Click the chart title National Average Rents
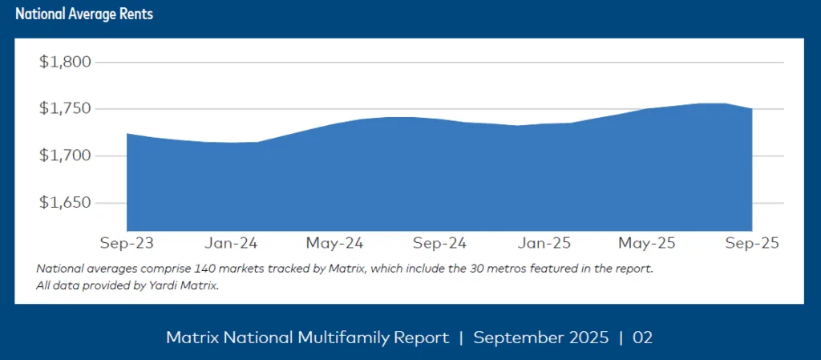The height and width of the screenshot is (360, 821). click(84, 14)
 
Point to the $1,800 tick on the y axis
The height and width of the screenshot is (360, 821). click(66, 62)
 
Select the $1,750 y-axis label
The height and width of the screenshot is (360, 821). click(66, 109)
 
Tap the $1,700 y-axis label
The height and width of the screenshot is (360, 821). click(66, 156)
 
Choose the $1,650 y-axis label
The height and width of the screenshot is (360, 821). click(66, 203)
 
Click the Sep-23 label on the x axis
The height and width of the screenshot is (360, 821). click(126, 242)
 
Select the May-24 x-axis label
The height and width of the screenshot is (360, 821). click(335, 242)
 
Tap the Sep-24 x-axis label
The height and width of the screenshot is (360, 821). click(439, 242)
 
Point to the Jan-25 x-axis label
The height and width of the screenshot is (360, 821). click(544, 242)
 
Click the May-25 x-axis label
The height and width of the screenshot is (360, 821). click(647, 242)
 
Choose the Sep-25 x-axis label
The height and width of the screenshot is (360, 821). click(751, 242)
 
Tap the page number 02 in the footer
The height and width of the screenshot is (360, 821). click(642, 338)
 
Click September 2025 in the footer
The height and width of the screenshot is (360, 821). click(541, 338)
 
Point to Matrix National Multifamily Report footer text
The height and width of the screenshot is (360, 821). click(307, 338)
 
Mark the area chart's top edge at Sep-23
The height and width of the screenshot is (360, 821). click(127, 134)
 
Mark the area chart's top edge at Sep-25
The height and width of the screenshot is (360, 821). click(751, 109)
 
